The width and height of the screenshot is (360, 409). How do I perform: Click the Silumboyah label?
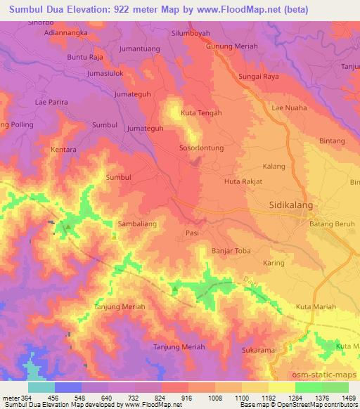pyautogui.click(x=191, y=32)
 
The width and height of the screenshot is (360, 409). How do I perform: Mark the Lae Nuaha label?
pyautogui.click(x=288, y=108)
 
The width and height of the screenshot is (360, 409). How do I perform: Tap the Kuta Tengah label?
pyautogui.click(x=201, y=112)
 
